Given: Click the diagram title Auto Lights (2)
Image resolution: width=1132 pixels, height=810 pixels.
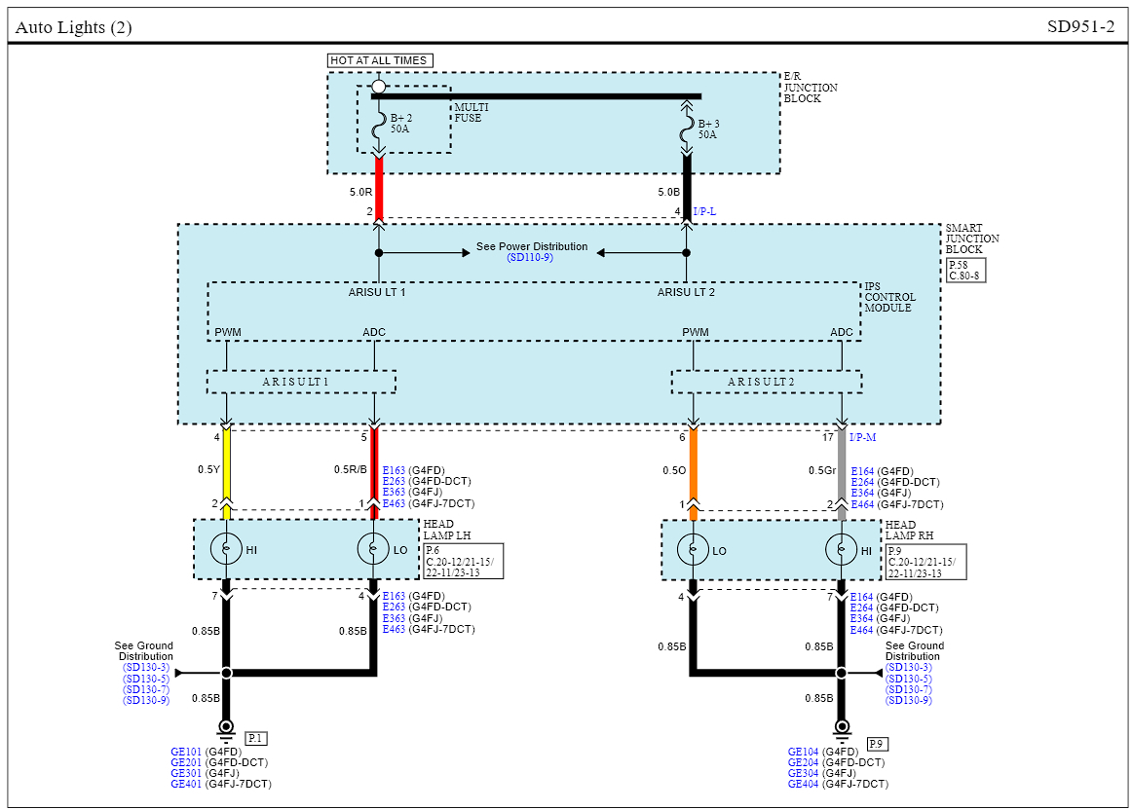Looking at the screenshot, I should point(74,27).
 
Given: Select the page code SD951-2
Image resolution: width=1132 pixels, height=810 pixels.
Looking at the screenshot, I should point(1080,27).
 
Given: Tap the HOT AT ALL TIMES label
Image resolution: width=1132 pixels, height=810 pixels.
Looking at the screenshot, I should point(379,60).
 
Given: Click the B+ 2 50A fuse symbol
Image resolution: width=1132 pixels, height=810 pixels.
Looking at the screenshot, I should point(379,125).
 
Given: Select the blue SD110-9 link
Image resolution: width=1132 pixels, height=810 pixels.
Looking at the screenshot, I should point(530,257).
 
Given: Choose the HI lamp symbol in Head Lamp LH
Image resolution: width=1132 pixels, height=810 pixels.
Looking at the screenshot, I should point(226,550).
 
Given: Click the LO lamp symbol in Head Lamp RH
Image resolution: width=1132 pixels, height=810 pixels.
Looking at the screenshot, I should point(693,550).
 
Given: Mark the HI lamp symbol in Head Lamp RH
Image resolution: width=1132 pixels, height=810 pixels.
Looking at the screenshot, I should point(842,550).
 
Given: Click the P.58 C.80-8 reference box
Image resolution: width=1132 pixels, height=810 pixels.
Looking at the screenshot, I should point(964,270).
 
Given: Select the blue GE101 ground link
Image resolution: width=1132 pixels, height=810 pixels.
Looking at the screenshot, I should point(185,752).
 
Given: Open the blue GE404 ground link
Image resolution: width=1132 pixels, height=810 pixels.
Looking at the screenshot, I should point(803,784).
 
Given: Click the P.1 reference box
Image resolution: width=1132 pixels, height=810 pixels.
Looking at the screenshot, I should point(256,739).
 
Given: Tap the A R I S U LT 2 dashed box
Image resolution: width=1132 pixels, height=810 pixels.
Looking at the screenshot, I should point(766,383).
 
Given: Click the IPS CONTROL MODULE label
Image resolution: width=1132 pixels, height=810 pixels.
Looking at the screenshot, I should point(888,297).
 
